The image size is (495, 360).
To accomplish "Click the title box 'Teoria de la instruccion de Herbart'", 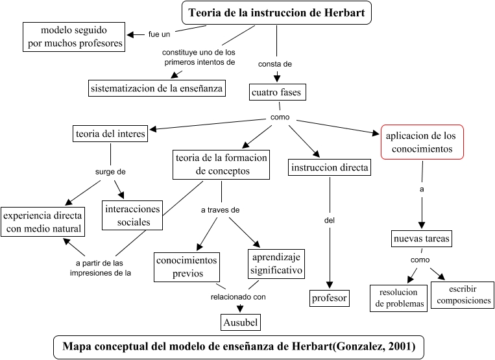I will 276,12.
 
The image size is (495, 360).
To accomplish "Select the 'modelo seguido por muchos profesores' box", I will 74,37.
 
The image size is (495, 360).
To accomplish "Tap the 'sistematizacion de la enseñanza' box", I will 157,88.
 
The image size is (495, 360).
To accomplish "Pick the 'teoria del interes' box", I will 110,134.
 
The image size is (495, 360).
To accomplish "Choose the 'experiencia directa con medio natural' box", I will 43,221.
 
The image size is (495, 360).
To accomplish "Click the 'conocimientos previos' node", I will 187,267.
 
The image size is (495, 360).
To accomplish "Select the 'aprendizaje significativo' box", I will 274,263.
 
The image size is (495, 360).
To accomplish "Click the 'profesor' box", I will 330,298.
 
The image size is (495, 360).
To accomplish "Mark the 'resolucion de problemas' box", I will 398,297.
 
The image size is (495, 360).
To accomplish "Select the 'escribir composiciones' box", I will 461,294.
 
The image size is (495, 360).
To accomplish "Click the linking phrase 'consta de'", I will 275,64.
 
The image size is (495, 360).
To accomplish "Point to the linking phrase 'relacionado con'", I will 238,297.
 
